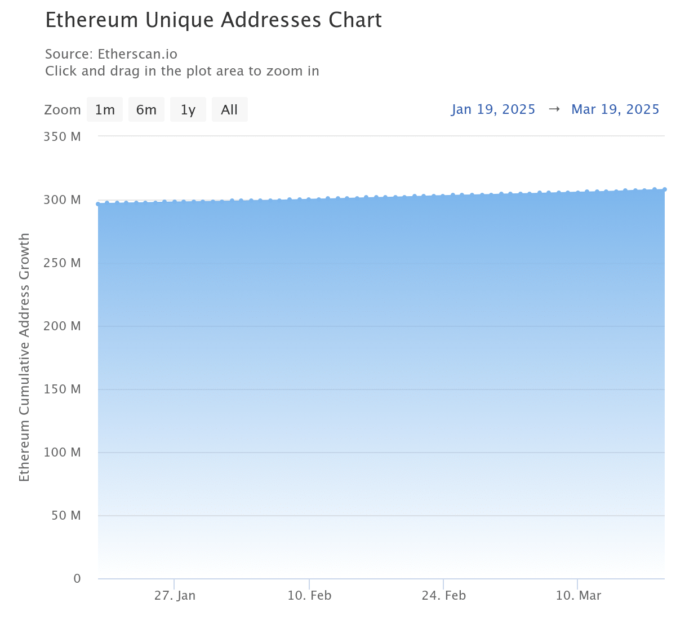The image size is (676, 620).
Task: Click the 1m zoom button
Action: tap(104, 109)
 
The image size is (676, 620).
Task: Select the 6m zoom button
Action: tap(146, 109)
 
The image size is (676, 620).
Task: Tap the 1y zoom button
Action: tap(188, 109)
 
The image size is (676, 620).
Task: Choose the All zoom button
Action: tap(229, 109)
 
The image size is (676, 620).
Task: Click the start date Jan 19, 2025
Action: tap(493, 109)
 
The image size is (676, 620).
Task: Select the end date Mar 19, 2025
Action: tap(615, 109)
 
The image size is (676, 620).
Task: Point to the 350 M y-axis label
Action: tap(63, 136)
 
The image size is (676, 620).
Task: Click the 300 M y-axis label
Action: tap(63, 200)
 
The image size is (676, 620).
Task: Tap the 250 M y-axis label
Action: tap(63, 263)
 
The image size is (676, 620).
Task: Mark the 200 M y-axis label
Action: tap(63, 326)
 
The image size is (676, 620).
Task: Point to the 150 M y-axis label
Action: tap(63, 389)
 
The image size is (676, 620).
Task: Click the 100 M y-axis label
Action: tap(63, 452)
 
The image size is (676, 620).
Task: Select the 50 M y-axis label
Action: tap(66, 515)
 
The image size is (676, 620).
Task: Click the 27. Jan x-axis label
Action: tap(175, 595)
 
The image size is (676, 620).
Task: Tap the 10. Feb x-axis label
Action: tap(309, 595)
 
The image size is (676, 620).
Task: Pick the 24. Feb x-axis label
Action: tap(444, 595)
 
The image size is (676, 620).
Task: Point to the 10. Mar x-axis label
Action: tap(579, 595)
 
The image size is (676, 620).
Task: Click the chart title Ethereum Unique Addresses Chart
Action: tap(214, 20)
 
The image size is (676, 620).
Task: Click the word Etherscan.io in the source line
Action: tap(137, 54)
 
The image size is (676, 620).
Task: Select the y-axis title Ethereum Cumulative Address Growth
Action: tap(24, 357)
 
